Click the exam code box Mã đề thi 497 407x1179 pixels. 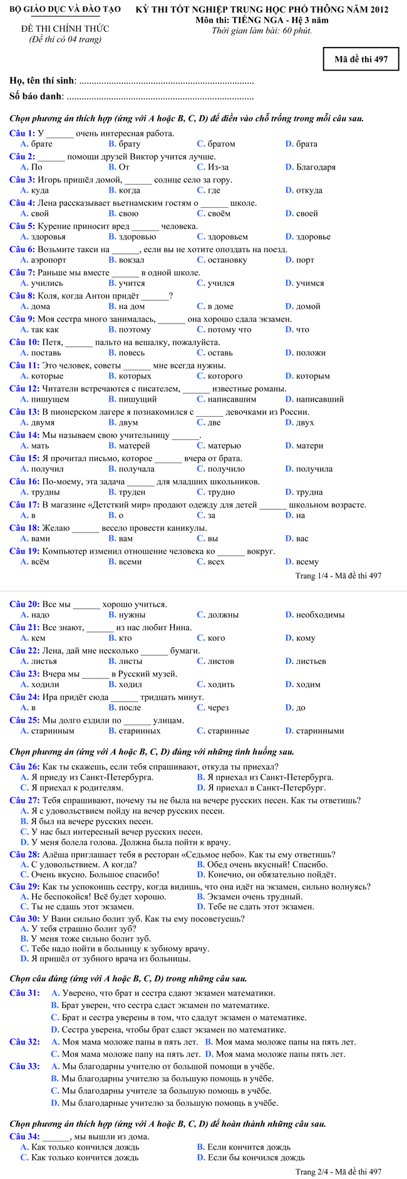361,59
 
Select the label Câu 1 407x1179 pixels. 22,133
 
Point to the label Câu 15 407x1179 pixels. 24,458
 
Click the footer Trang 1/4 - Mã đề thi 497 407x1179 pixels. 338,576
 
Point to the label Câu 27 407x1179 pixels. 24,800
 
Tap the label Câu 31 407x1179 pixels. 24,993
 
